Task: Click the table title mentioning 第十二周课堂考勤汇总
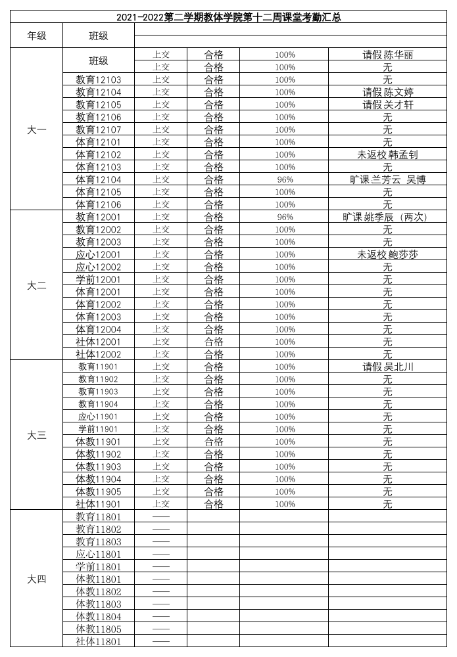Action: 228,17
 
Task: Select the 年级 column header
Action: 36,35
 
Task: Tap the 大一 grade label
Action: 36,129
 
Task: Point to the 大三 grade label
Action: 36,436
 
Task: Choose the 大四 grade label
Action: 36,579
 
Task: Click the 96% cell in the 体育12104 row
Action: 285,179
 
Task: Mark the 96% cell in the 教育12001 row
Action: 285,217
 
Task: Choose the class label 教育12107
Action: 99,129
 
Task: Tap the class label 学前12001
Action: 99,279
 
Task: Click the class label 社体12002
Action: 99,354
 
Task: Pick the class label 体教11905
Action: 99,491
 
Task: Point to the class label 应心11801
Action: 99,554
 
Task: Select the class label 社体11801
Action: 99,641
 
